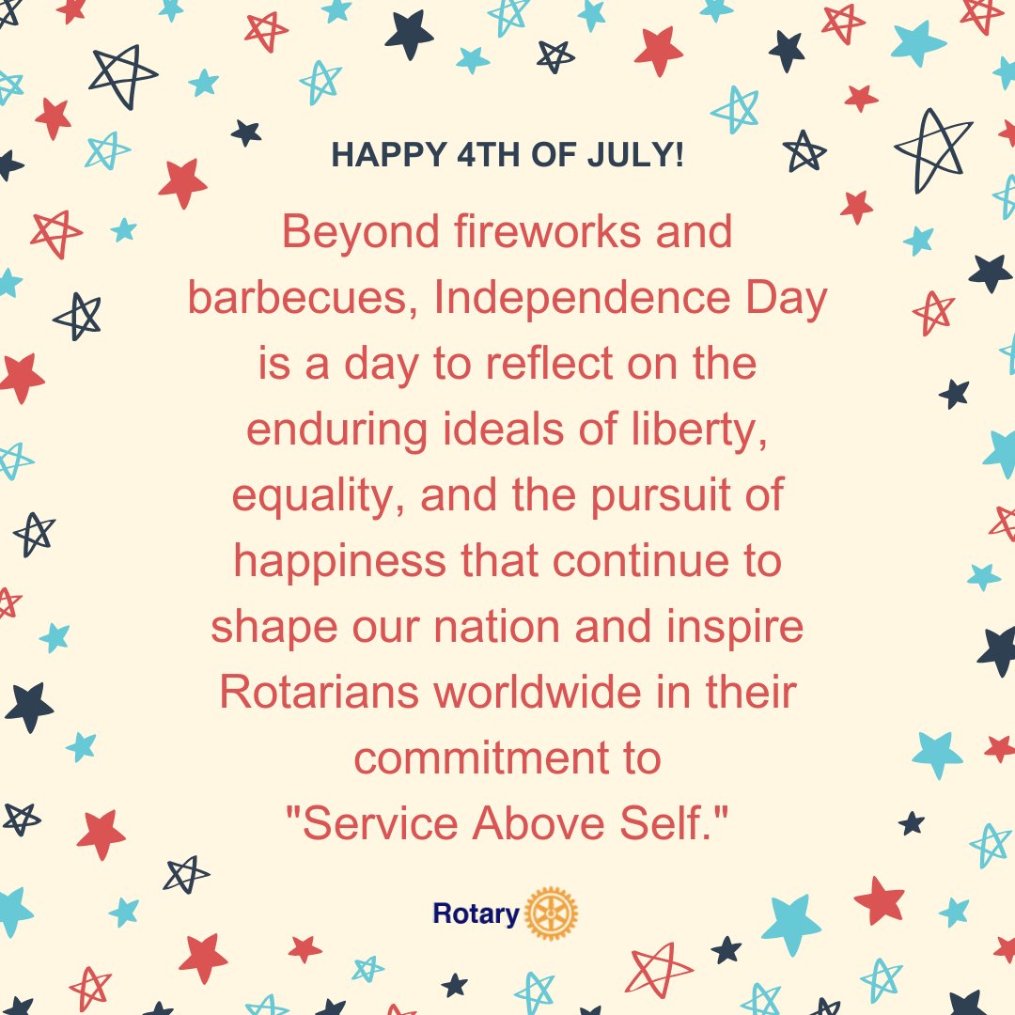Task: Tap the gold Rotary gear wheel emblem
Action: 552,913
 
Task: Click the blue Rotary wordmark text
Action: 476,913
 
